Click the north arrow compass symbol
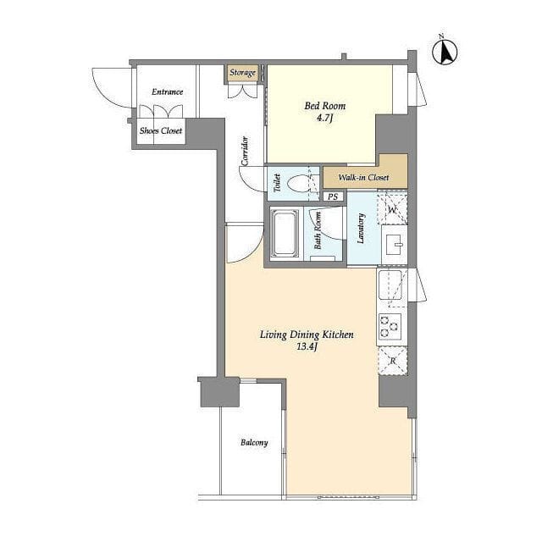tap(445, 52)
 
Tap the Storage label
tap(243, 73)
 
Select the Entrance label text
tap(168, 92)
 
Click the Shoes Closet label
tap(161, 130)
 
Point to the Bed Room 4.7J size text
tap(324, 119)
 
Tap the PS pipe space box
tap(333, 196)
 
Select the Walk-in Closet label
tap(363, 178)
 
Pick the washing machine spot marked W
tap(392, 209)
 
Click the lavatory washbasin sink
tap(394, 245)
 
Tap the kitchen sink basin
tap(390, 285)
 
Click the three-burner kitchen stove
tap(390, 325)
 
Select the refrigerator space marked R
tap(393, 361)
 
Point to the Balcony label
tap(254, 442)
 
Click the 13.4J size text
tap(307, 346)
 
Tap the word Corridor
tap(245, 151)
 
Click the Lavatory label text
tap(361, 229)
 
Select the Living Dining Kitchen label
tap(307, 335)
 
